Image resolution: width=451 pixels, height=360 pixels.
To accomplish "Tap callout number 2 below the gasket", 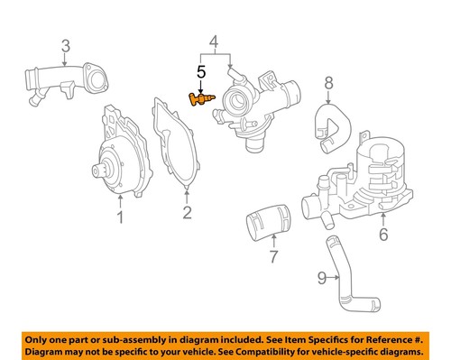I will click(x=187, y=213).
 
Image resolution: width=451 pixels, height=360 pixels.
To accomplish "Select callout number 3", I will click(x=66, y=45).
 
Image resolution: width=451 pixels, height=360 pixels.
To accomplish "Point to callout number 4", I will click(x=214, y=42).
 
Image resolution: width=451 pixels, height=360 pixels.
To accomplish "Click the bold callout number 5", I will click(x=202, y=70).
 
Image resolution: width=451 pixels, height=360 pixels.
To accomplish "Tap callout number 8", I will click(x=328, y=83).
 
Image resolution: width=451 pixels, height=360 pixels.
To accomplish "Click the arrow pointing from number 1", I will click(x=119, y=200).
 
